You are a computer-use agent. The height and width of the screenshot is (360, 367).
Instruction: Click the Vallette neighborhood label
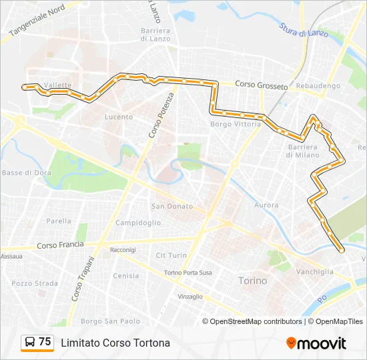(57, 85)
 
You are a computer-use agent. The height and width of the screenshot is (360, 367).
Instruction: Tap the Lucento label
(119, 117)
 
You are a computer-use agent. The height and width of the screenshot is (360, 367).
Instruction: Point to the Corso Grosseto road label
(262, 86)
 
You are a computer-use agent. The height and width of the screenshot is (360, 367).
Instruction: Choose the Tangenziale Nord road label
(37, 19)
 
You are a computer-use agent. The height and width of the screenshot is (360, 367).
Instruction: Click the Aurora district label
(267, 205)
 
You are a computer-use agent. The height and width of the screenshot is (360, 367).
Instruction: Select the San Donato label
(171, 207)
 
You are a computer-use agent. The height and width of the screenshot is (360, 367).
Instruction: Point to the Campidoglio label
(138, 223)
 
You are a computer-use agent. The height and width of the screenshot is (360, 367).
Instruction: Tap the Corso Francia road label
(60, 245)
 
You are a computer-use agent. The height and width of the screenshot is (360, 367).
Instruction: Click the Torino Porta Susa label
(188, 273)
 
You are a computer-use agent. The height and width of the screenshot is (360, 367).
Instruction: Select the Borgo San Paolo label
(109, 321)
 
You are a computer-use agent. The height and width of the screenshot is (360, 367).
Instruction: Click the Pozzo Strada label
(35, 283)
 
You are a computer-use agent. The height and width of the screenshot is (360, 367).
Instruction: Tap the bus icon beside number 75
(30, 342)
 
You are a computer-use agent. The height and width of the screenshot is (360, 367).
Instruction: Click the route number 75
(45, 342)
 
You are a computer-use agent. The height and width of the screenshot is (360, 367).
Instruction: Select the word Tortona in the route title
(151, 343)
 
